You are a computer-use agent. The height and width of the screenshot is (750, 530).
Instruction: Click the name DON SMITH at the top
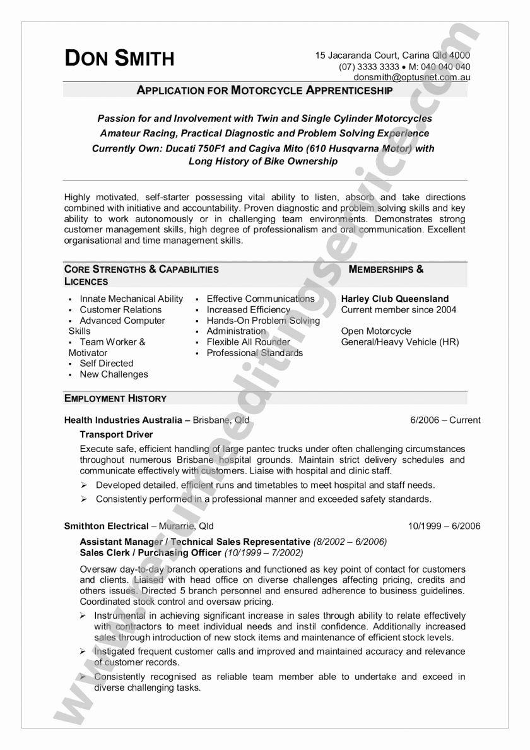pyautogui.click(x=119, y=58)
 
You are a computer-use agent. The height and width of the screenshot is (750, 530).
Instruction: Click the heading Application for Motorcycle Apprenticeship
pyautogui.click(x=265, y=90)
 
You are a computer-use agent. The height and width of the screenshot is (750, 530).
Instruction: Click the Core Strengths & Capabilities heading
pyautogui.click(x=141, y=270)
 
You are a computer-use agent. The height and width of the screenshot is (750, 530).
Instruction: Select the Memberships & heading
pyautogui.click(x=386, y=270)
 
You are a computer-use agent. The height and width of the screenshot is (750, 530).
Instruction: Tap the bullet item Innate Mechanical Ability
pyautogui.click(x=131, y=299)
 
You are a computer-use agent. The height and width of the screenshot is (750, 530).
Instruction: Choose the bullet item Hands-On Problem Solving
pyautogui.click(x=263, y=321)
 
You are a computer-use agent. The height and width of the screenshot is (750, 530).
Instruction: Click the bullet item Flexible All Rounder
pyautogui.click(x=248, y=342)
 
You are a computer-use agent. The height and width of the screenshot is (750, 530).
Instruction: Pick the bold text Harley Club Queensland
pyautogui.click(x=395, y=299)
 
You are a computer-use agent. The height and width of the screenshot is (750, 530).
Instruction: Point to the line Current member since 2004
pyautogui.click(x=398, y=310)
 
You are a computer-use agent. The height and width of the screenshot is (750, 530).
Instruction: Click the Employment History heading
pyautogui.click(x=115, y=398)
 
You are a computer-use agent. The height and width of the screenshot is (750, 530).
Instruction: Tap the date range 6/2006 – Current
pyautogui.click(x=445, y=420)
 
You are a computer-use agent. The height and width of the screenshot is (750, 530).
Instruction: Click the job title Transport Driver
pyautogui.click(x=116, y=434)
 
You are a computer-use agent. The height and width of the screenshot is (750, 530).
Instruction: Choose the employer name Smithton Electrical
pyautogui.click(x=106, y=526)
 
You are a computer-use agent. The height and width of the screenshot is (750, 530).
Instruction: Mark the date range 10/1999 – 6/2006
pyautogui.click(x=444, y=526)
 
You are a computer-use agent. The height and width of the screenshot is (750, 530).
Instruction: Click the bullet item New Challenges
pyautogui.click(x=114, y=374)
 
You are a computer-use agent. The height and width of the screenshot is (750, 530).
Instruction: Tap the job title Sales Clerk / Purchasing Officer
pyautogui.click(x=150, y=552)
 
